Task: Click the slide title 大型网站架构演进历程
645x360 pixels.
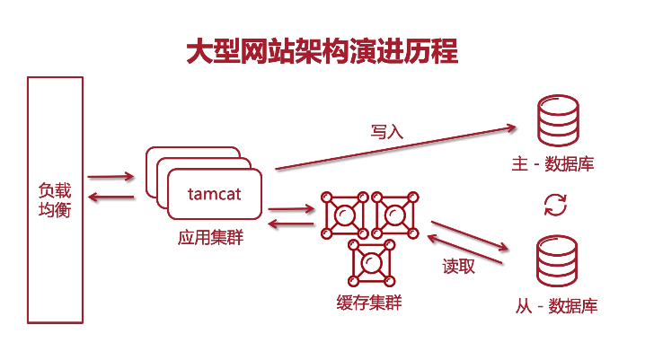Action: (322, 51)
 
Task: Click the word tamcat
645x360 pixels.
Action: (214, 194)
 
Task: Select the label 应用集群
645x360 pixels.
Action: (210, 239)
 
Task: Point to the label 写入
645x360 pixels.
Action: (387, 131)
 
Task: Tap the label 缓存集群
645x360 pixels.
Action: (362, 303)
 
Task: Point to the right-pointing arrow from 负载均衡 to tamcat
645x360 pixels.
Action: (111, 177)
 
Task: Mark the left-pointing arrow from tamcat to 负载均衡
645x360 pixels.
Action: (111, 197)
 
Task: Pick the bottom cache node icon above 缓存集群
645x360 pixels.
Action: (370, 261)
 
